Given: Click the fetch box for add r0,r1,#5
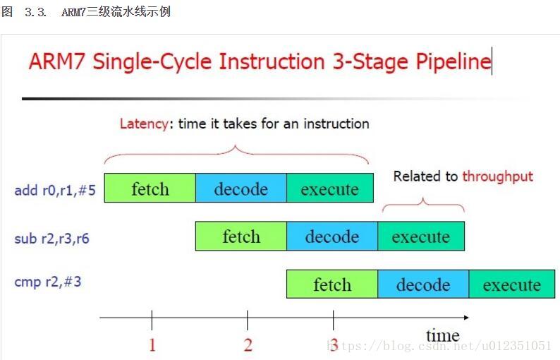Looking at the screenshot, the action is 150,188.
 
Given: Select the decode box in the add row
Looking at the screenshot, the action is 241,188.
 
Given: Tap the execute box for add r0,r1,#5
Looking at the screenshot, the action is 330,188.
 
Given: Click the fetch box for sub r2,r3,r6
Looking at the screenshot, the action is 241,236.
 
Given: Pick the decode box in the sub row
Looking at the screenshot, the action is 332,236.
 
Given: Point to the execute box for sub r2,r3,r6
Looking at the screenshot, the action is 421,236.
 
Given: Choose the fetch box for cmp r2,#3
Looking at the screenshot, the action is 332,284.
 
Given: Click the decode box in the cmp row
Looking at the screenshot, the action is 423,284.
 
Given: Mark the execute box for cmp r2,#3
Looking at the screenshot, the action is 512,284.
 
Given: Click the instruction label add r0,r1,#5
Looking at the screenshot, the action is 55,190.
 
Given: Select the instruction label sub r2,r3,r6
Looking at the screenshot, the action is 51,239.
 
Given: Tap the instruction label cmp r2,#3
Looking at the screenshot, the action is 48,282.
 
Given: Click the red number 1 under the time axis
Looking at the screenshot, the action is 152,345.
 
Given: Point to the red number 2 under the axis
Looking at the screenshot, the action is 248,345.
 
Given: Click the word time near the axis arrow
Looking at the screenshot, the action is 442,335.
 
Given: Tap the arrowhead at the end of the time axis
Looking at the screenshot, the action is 468,318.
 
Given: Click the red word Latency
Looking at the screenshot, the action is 144,124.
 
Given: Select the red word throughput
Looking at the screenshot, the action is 498,176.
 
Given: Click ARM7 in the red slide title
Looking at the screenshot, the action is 57,61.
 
